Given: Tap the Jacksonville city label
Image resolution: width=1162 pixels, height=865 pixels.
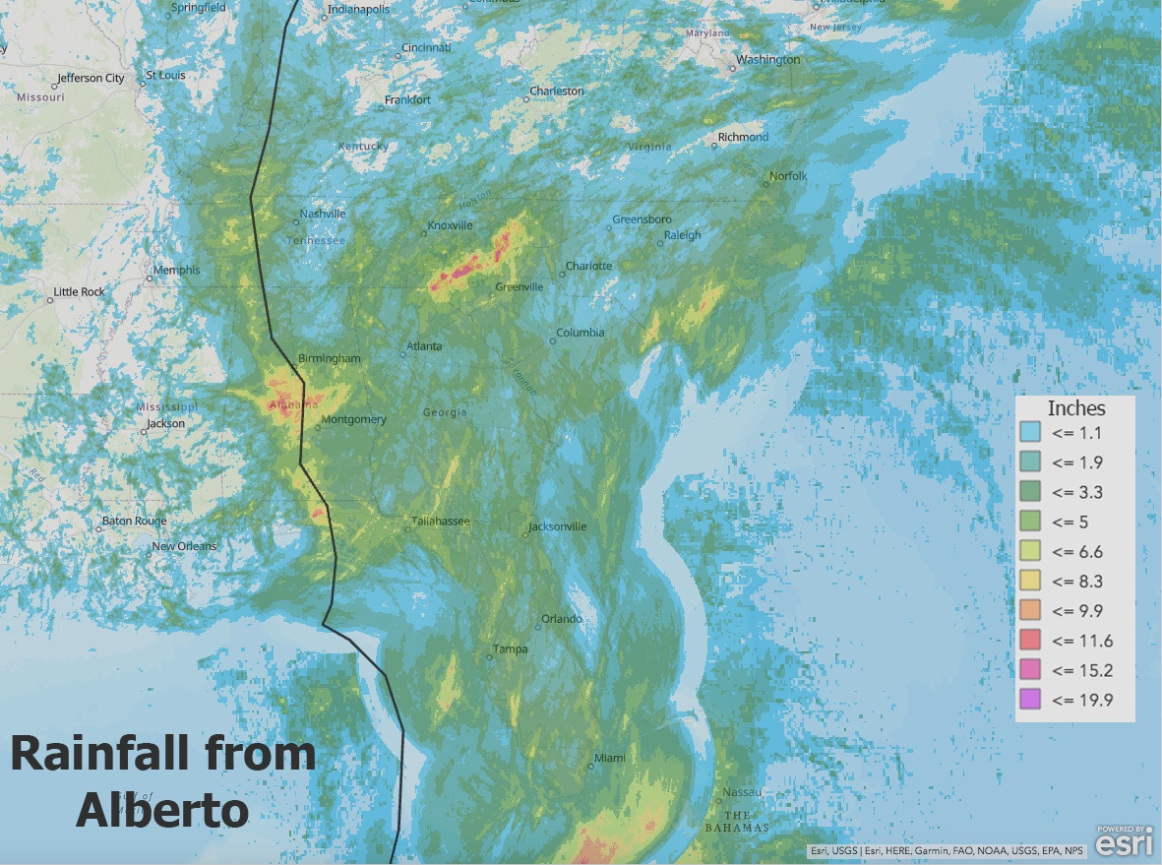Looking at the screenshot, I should click(558, 526).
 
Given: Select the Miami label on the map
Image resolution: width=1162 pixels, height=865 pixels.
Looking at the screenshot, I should click(610, 758).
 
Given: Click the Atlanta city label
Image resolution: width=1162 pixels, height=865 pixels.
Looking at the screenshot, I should click(424, 346).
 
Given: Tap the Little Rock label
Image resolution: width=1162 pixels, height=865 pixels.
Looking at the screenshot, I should click(80, 291).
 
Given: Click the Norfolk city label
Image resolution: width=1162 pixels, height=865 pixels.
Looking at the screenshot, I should click(788, 176).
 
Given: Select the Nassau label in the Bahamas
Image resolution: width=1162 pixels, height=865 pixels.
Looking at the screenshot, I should click(742, 792).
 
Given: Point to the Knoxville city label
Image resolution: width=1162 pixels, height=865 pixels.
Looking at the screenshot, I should click(450, 225).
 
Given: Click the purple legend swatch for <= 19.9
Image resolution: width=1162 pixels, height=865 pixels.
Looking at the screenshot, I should click(1030, 700).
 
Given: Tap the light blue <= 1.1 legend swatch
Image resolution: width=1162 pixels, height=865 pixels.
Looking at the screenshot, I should click(1030, 432).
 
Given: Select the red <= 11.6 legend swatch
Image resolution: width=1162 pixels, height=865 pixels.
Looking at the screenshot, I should click(1030, 641).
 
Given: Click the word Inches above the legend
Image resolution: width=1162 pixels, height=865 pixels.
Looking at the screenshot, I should click(1076, 408).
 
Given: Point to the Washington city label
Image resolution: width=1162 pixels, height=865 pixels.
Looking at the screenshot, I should click(768, 59).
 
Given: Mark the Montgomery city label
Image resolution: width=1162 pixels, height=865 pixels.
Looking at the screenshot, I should click(354, 419).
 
